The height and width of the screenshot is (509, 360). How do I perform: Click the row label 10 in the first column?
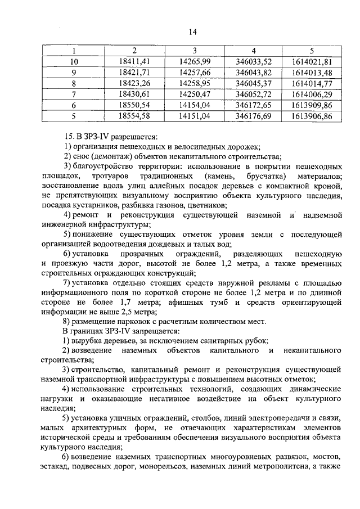(x=74, y=61)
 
